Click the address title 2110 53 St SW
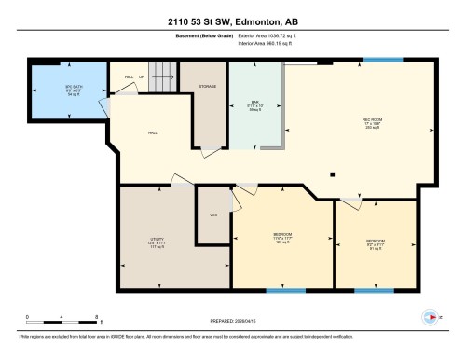tap(232, 21)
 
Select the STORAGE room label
tap(209, 87)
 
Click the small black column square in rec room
tap(333, 173)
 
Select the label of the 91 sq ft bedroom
tap(376, 243)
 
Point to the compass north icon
tap(431, 317)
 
